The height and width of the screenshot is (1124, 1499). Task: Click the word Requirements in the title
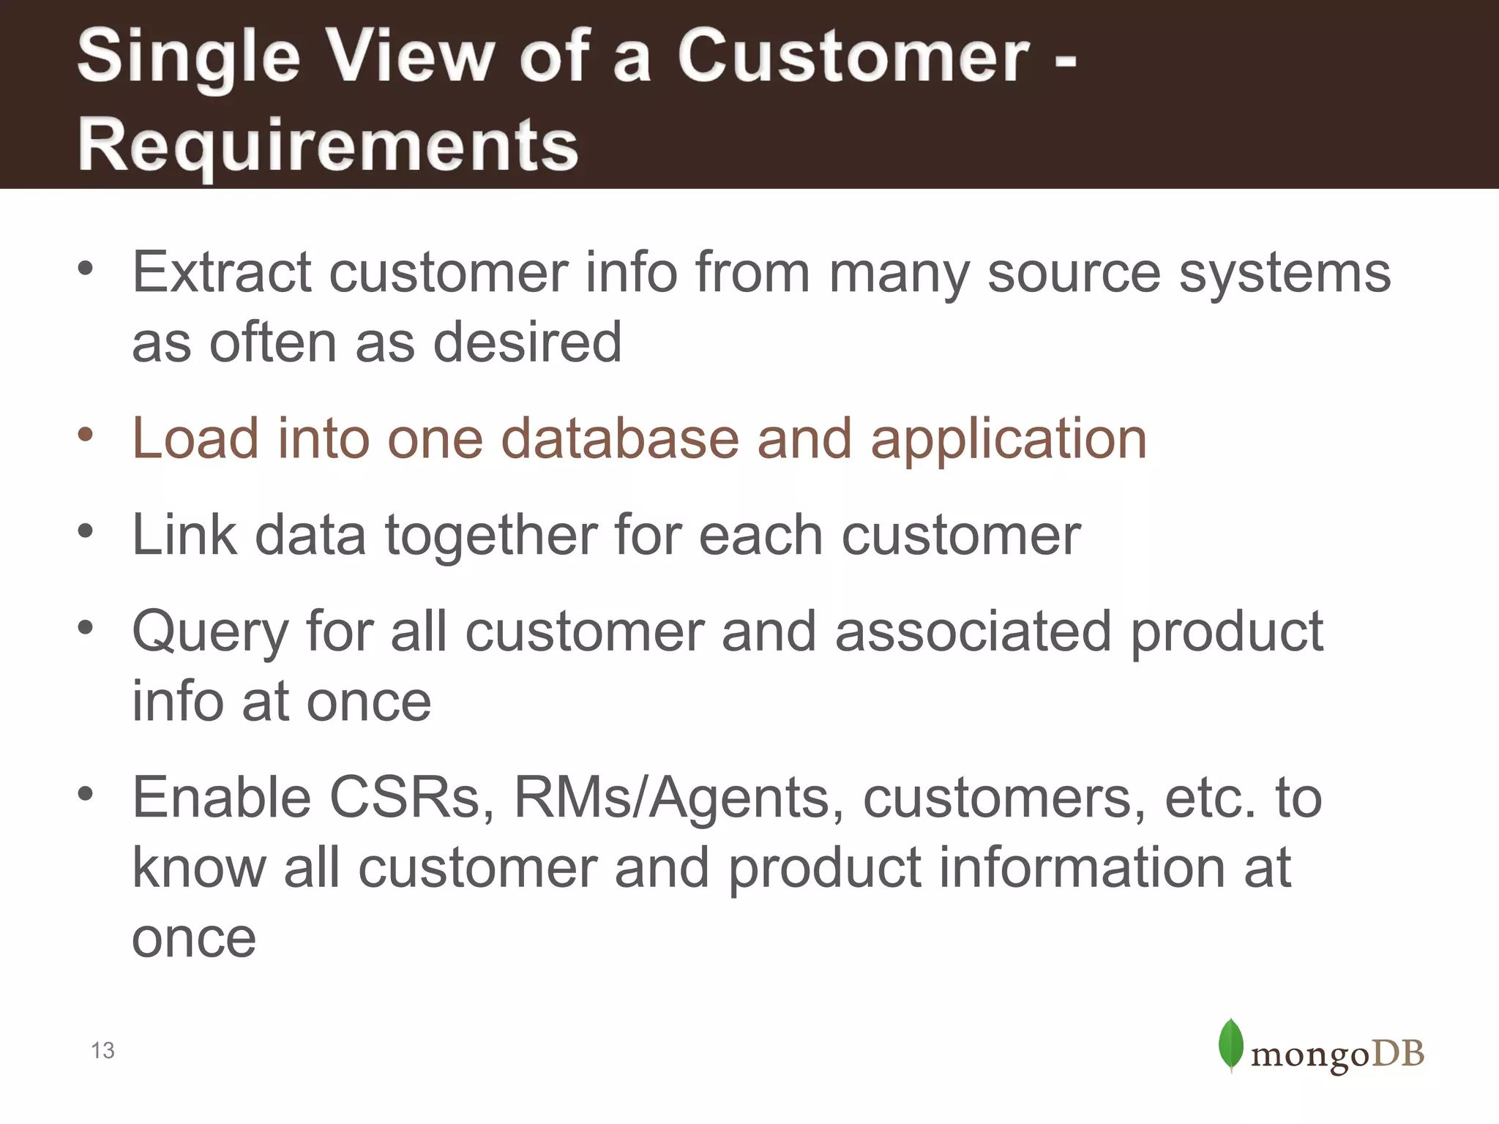tap(328, 145)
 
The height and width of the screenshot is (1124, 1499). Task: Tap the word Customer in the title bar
tap(853, 57)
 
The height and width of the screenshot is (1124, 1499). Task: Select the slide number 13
tap(102, 1051)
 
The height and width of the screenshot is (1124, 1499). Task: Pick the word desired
tap(527, 342)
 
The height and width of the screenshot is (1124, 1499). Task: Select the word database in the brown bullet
tap(619, 439)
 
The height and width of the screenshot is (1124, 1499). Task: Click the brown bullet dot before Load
tap(86, 435)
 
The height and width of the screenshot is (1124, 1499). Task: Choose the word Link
tap(184, 535)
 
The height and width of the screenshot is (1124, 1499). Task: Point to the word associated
tap(973, 631)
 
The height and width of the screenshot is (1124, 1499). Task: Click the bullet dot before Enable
tap(86, 793)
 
